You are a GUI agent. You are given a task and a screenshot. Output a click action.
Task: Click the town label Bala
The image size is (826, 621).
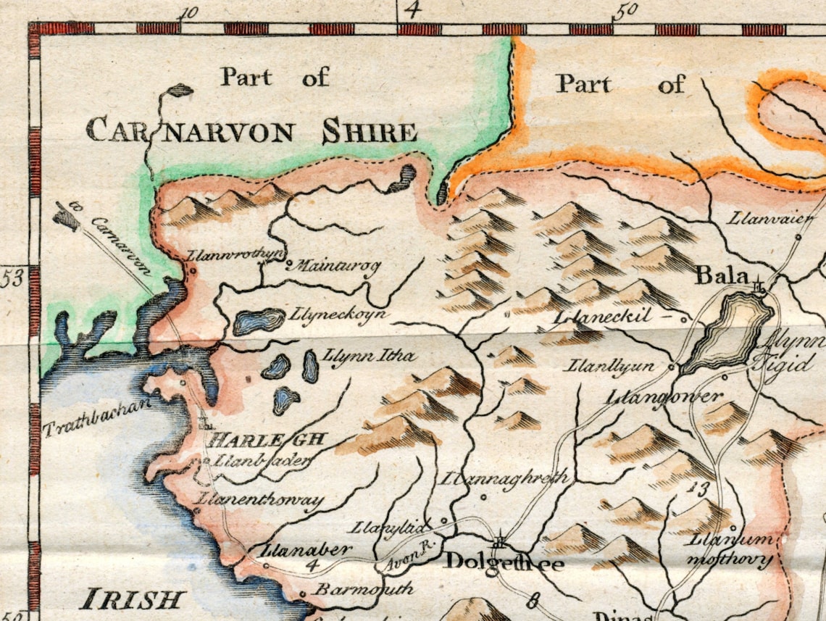721,276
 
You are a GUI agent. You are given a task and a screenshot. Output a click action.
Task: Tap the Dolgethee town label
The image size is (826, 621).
504,562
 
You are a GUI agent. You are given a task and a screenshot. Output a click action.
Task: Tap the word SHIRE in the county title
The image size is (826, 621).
370,133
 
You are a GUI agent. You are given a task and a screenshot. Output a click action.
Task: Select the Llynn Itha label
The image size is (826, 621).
370,356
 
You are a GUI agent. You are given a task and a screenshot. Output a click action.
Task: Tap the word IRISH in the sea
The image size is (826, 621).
132,600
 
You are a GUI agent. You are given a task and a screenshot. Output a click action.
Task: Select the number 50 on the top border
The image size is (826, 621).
625,10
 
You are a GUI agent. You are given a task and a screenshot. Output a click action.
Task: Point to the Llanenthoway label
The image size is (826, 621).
261,500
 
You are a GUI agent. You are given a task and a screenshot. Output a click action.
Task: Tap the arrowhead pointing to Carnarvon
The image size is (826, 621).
68,215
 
